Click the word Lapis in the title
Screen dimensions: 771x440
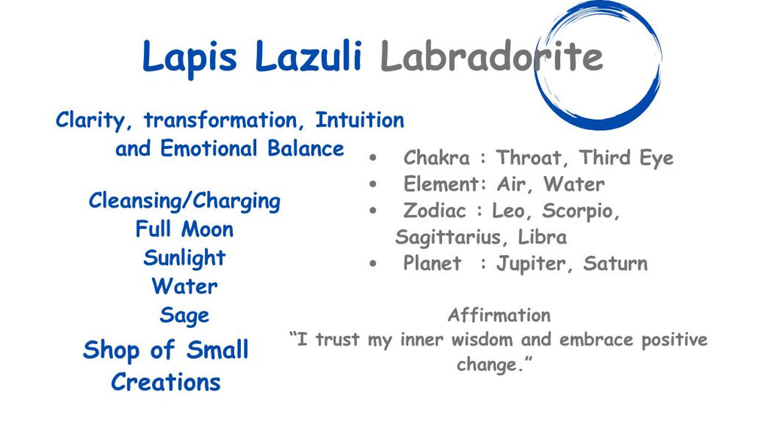190,58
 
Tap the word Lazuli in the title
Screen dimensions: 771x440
309,56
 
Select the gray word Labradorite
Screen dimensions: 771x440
491,56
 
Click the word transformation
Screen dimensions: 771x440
221,120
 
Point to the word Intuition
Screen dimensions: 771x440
360,120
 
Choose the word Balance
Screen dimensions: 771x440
306,149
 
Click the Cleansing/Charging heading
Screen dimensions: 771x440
184,202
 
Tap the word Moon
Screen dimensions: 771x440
207,229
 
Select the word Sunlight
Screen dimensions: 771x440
184,258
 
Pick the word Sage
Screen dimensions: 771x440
184,316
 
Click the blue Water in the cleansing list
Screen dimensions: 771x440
184,287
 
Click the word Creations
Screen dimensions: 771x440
166,382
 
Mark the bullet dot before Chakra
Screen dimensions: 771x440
373,158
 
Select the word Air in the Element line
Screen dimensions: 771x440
511,184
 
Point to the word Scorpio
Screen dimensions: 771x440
581,211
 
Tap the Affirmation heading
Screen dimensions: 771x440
499,315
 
